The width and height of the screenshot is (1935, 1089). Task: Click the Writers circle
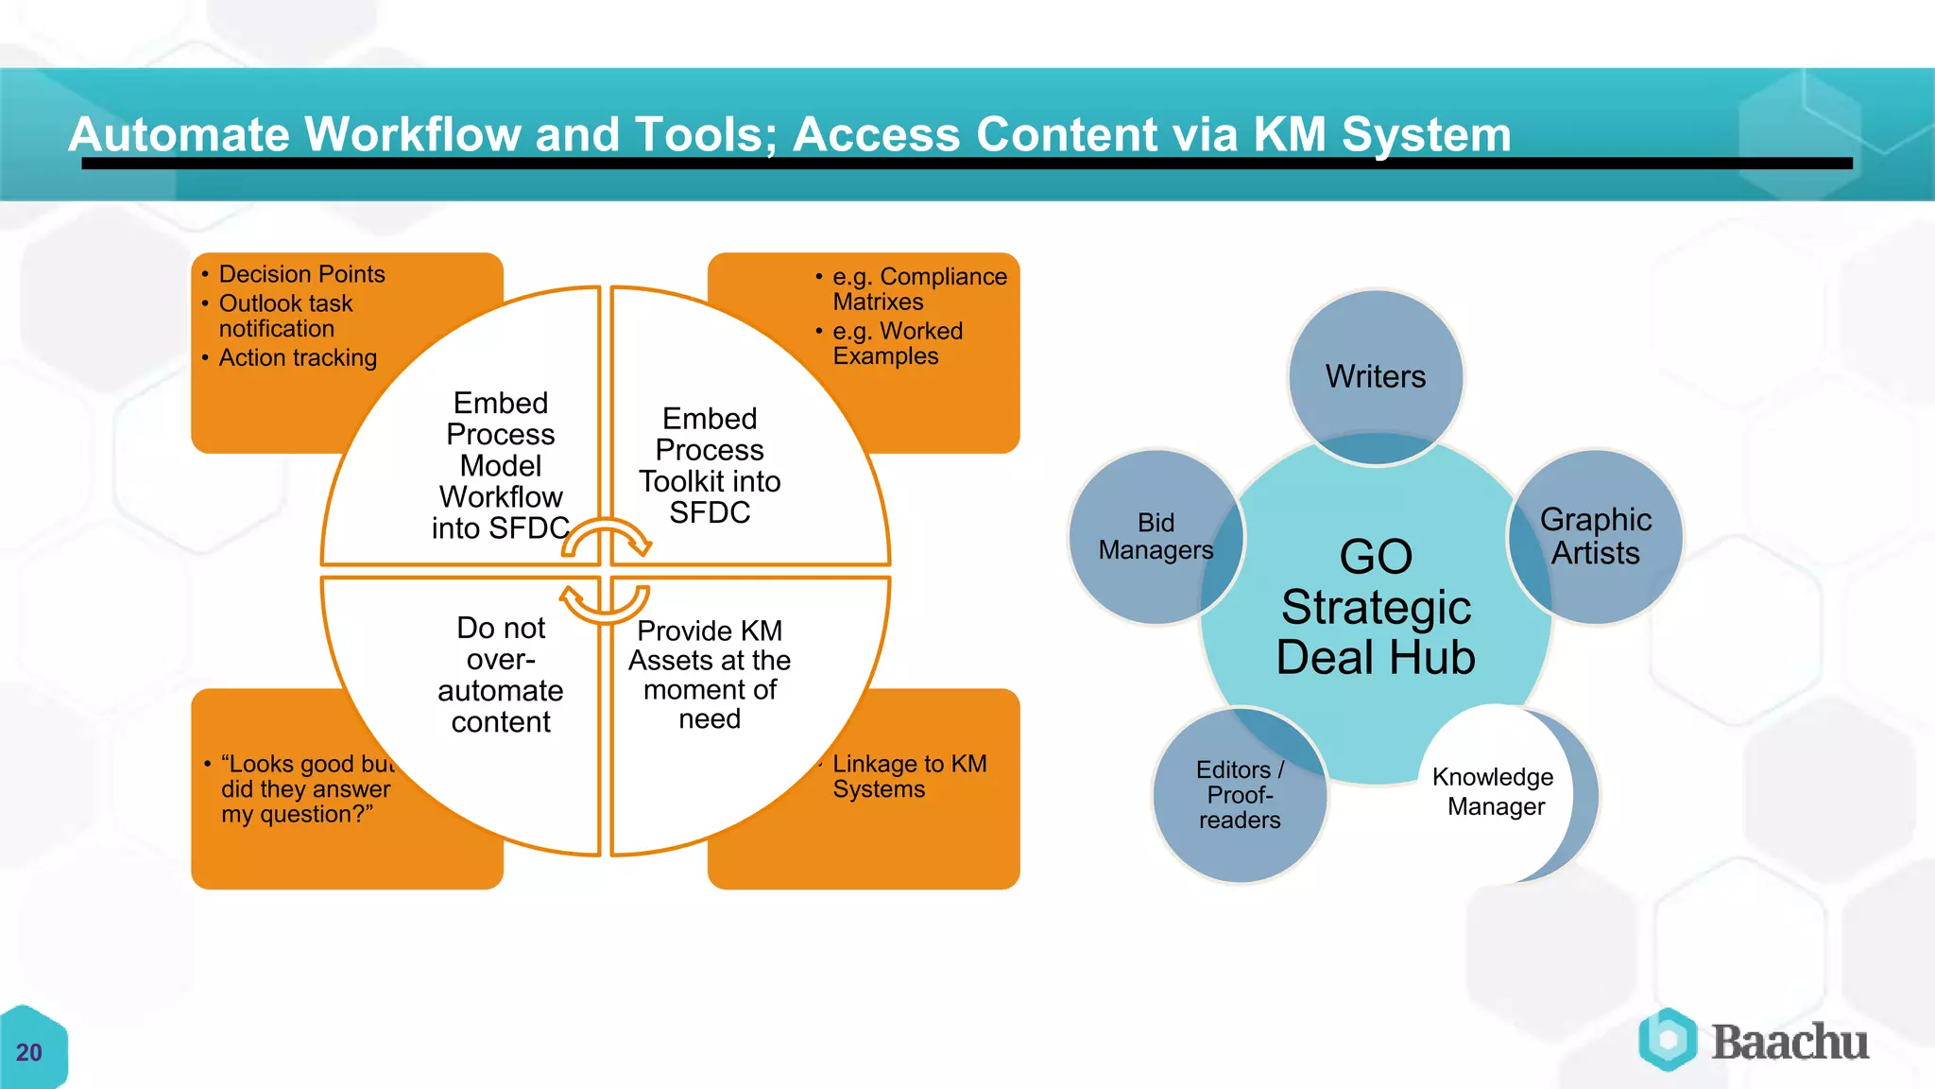[1376, 376]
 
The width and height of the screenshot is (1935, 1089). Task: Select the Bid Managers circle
[1156, 536]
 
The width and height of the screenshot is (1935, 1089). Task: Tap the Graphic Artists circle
[1596, 536]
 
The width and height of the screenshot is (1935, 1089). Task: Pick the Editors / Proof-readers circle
[1240, 795]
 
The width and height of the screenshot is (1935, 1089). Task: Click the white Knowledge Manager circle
[1495, 791]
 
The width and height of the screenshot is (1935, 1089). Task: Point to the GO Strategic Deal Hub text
[1376, 607]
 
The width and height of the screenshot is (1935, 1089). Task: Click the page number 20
[29, 1052]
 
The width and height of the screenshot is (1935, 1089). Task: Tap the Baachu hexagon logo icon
[1668, 1040]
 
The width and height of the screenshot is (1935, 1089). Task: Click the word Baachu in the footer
[1789, 1042]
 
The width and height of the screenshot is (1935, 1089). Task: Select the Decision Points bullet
[301, 274]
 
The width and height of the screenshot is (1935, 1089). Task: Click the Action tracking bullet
[298, 357]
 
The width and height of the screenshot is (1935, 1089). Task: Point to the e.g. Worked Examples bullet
[897, 343]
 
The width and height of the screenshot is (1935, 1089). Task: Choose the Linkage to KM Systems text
[909, 776]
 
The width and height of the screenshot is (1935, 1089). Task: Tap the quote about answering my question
[304, 788]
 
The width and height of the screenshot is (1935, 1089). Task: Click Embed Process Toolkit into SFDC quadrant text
[710, 465]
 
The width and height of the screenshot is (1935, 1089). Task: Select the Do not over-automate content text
[501, 674]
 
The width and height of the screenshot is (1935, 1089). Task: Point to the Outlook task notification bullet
[285, 316]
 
